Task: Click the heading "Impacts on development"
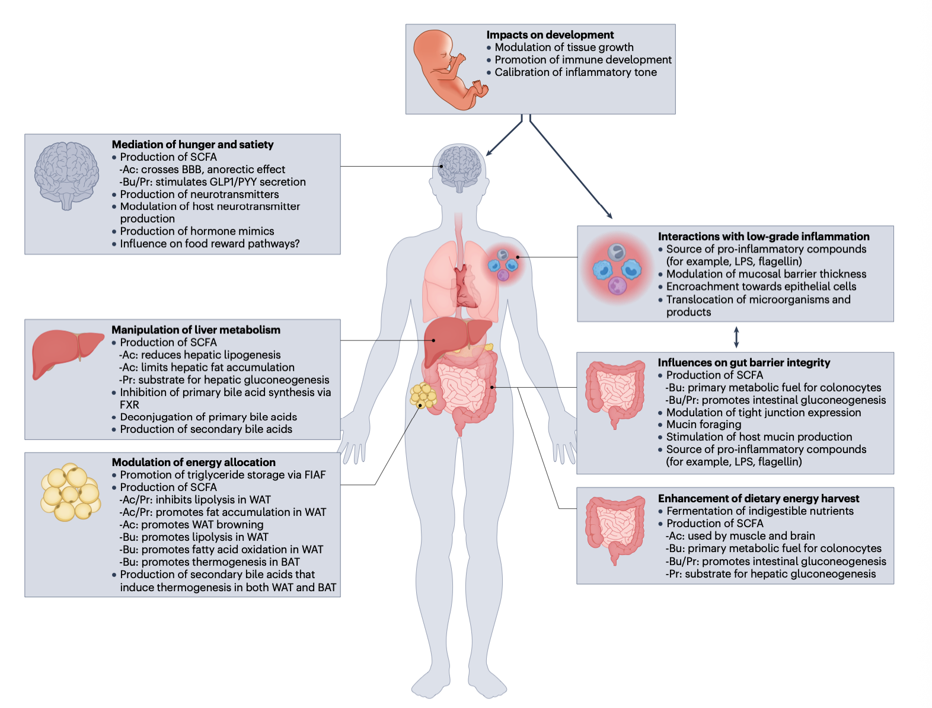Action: pyautogui.click(x=550, y=35)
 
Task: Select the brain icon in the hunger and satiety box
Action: pyautogui.click(x=67, y=175)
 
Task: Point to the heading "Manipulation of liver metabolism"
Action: pyautogui.click(x=196, y=330)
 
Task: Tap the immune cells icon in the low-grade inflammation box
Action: pyautogui.click(x=617, y=270)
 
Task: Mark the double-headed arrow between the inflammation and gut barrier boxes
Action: pyautogui.click(x=736, y=337)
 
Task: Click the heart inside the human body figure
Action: pyautogui.click(x=466, y=286)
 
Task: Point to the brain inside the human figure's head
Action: pyautogui.click(x=460, y=167)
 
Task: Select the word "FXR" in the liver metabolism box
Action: pyautogui.click(x=129, y=405)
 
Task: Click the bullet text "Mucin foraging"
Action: pyautogui.click(x=703, y=425)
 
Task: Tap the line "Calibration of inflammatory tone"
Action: pyautogui.click(x=575, y=72)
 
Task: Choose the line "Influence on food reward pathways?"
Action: pyautogui.click(x=209, y=244)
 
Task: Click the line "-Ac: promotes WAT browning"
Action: pyautogui.click(x=191, y=525)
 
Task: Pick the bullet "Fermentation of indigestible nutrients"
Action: pyautogui.click(x=759, y=511)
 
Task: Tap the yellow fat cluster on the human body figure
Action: pyautogui.click(x=423, y=396)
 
